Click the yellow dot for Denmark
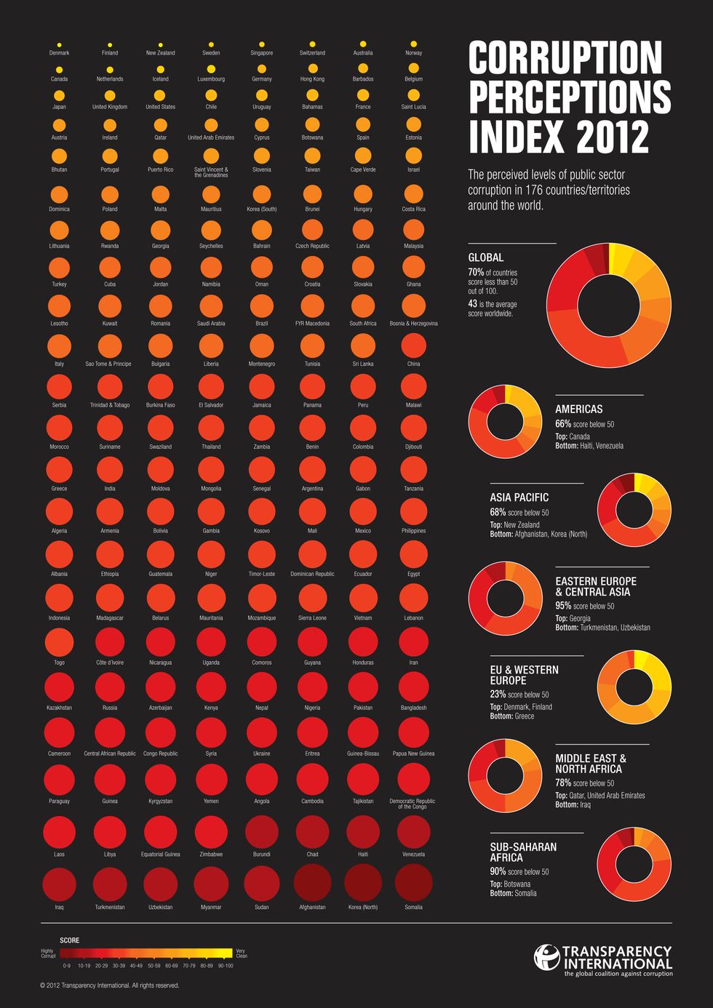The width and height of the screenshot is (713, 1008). (59, 44)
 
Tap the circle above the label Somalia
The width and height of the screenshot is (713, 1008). (413, 882)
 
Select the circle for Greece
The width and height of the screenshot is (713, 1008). (59, 469)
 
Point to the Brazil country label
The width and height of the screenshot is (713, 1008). (262, 324)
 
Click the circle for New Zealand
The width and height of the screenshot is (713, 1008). (160, 44)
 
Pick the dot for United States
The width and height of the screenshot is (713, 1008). (160, 95)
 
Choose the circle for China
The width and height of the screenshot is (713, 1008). (413, 345)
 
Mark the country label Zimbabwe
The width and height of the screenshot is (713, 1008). (211, 855)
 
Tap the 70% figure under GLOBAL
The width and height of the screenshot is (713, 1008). (476, 273)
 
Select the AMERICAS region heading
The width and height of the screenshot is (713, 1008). (578, 409)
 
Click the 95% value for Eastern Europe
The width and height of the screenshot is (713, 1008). (563, 606)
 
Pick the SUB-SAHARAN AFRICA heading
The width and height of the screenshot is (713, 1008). (523, 852)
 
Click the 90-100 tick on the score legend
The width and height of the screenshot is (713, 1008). (225, 966)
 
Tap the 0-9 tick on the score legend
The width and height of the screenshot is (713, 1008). (67, 966)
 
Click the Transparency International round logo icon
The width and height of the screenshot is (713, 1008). (546, 957)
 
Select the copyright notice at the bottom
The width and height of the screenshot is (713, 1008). (110, 985)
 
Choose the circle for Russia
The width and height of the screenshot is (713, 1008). (110, 687)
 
